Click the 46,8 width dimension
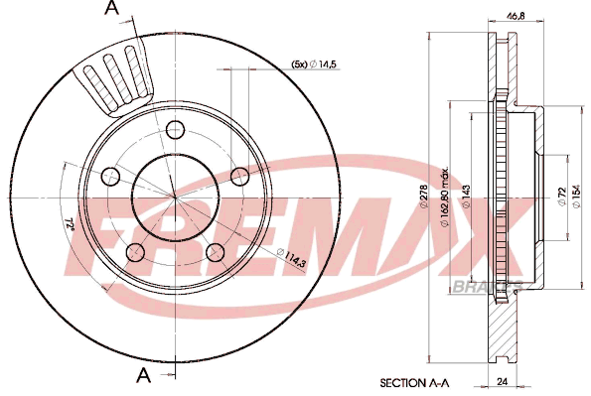coord(516,16)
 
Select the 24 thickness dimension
coord(502,382)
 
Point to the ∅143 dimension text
coord(466,197)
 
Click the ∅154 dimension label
coord(576,197)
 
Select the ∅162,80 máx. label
coord(444,197)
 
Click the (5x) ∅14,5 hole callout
coord(314,65)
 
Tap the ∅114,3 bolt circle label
coord(291,258)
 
